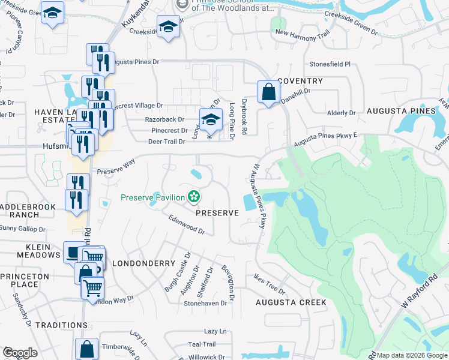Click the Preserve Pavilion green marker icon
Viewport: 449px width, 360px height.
[194, 196]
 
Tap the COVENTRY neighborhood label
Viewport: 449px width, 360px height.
[300, 81]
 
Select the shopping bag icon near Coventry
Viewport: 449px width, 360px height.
[268, 92]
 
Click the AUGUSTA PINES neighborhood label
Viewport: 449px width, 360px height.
[400, 111]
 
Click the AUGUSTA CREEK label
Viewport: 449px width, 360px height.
[291, 302]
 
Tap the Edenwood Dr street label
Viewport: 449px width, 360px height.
[187, 225]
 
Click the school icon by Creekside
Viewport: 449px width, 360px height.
[169, 26]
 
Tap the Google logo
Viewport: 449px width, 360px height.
[20, 352]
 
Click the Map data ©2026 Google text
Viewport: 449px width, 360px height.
[412, 355]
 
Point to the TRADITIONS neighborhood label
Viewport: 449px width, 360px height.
[61, 325]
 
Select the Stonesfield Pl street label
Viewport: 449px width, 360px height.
[330, 63]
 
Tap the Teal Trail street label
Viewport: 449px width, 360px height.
[201, 344]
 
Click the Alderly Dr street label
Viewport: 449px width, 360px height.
[342, 113]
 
